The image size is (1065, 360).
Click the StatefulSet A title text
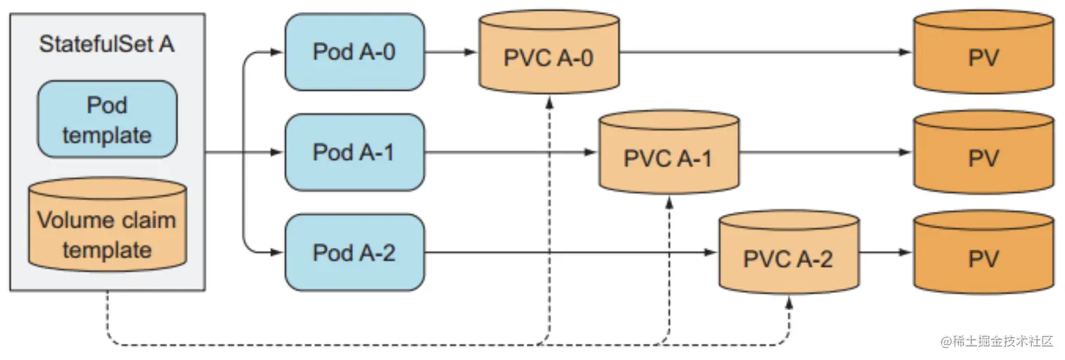(x=106, y=44)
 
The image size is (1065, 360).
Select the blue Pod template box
(x=107, y=119)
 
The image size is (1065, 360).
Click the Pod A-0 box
(x=354, y=53)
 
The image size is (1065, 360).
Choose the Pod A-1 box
(x=354, y=152)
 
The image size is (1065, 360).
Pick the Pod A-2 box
(x=354, y=252)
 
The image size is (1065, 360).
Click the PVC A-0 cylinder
(x=549, y=58)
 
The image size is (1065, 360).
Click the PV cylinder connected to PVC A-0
(x=984, y=58)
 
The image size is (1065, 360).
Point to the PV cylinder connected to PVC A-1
(x=984, y=158)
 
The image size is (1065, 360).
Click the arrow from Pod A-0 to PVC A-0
(x=451, y=52)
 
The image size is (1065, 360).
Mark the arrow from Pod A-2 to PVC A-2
(x=571, y=252)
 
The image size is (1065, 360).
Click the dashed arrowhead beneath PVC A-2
(x=789, y=302)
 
